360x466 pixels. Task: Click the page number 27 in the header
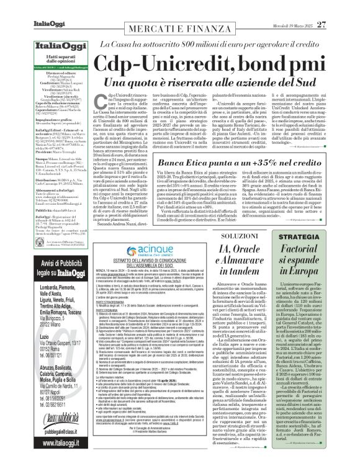tap(340, 7)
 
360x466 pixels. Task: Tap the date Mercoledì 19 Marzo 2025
tap(303, 8)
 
